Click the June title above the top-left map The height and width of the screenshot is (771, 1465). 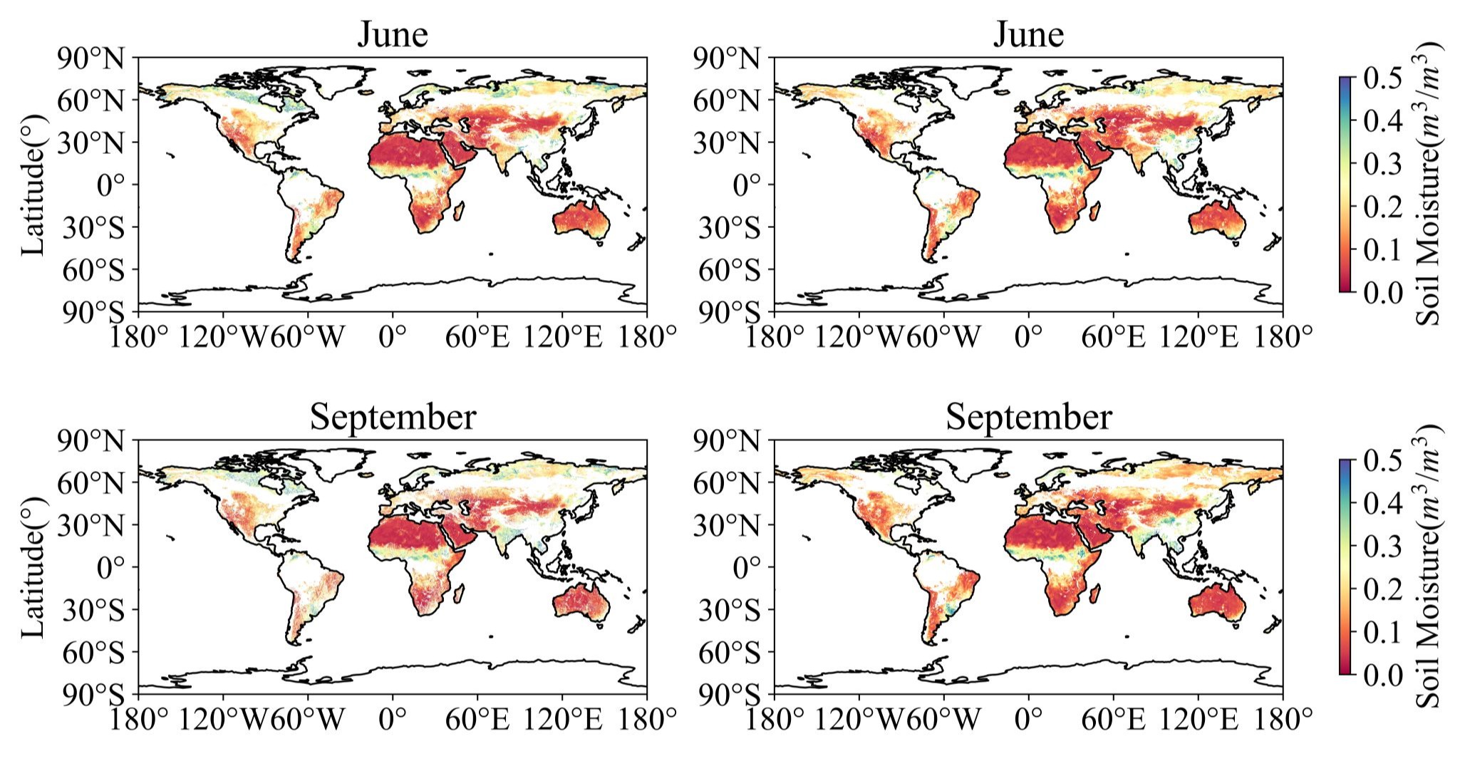[x=392, y=34]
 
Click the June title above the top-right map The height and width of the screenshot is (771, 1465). [x=1028, y=34]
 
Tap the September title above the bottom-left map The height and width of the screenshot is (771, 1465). [x=393, y=417]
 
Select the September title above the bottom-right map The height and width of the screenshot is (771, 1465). [x=1028, y=417]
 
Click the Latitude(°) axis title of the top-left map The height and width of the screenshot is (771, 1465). [x=33, y=185]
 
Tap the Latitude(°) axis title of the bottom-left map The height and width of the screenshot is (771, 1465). [x=33, y=567]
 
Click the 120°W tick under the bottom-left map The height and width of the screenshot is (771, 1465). [x=223, y=719]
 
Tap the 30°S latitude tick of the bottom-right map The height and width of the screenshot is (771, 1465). [x=728, y=610]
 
